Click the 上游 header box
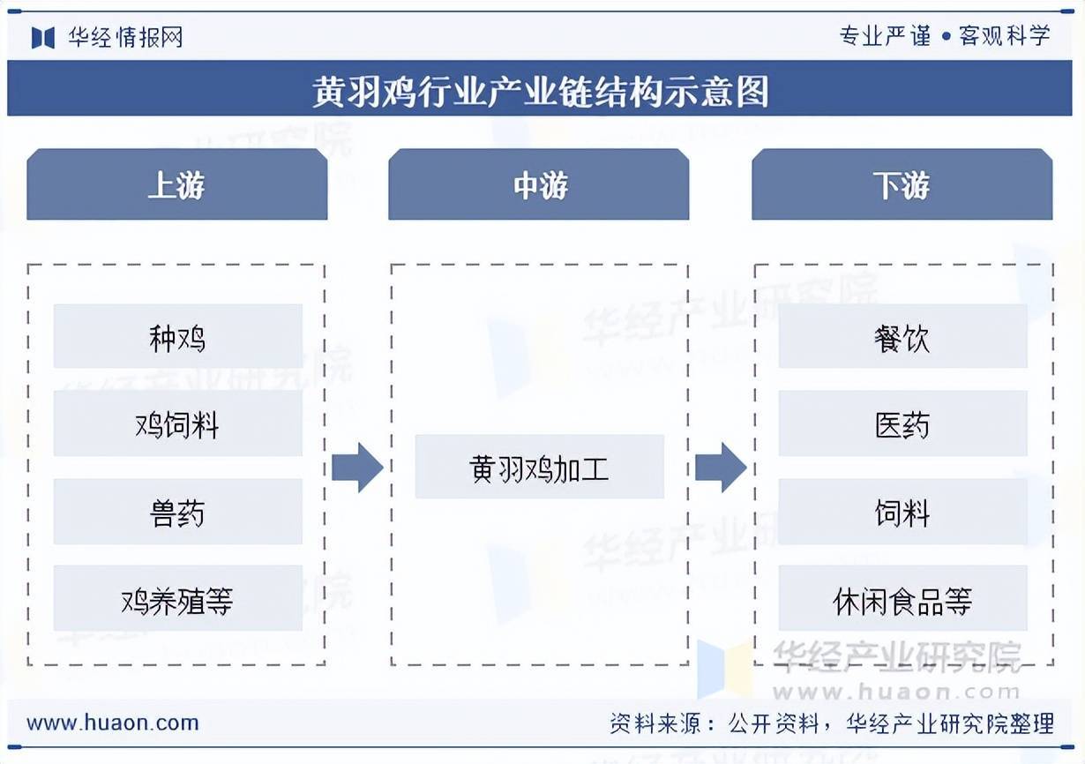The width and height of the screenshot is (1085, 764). (176, 185)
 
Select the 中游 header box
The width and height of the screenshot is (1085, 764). (539, 185)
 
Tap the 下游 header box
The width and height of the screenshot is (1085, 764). (902, 185)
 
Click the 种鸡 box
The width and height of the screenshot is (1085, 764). (177, 337)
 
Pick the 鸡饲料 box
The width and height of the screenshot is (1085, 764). (177, 424)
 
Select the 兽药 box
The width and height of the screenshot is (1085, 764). (177, 512)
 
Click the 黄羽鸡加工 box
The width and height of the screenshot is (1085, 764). (539, 467)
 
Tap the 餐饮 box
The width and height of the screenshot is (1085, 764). (902, 337)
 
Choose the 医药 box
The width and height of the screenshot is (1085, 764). (902, 424)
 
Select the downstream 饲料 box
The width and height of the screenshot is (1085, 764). (902, 512)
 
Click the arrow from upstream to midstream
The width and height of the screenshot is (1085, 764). (357, 467)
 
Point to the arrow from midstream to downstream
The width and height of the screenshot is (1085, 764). (721, 467)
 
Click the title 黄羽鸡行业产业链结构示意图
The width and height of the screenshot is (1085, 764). (541, 90)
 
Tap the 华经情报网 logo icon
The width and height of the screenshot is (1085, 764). (42, 37)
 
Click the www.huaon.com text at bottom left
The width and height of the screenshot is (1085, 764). (113, 723)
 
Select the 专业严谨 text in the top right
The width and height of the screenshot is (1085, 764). (885, 35)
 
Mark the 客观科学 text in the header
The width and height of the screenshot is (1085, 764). (1005, 35)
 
